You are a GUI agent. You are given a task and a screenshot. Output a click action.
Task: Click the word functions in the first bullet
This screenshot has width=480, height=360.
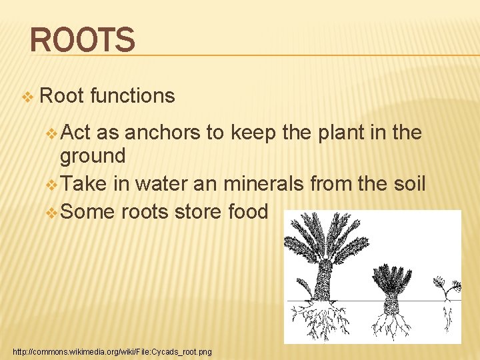pyautogui.click(x=132, y=96)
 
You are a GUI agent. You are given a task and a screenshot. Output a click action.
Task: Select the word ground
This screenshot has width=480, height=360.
pyautogui.click(x=93, y=157)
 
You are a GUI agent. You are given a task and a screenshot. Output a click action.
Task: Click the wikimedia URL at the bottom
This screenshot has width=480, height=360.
pyautogui.click(x=112, y=351)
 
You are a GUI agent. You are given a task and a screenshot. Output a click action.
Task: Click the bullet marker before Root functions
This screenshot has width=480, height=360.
pyautogui.click(x=27, y=97)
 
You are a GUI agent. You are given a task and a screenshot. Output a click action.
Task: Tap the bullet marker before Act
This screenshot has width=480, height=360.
pyautogui.click(x=53, y=133)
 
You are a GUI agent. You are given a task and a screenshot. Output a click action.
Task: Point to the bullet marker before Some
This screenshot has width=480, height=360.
pyautogui.click(x=53, y=213)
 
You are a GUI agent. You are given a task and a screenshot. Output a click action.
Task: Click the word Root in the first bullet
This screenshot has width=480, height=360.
pyautogui.click(x=61, y=96)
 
